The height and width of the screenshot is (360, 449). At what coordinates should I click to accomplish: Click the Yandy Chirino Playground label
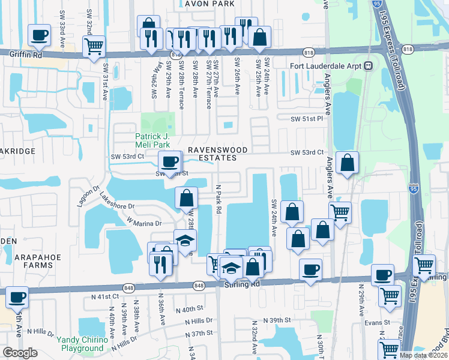coord(83,344)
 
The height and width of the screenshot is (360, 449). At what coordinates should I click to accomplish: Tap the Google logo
coord(20,353)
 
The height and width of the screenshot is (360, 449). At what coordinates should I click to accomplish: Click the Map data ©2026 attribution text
coord(423,355)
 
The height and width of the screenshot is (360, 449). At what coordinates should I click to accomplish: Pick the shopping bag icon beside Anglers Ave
coord(348,163)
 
